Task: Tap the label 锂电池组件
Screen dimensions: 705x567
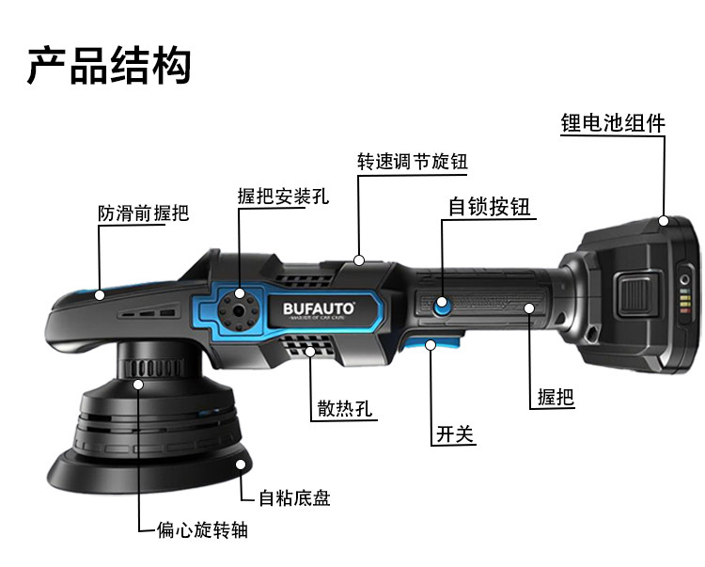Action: tap(612, 123)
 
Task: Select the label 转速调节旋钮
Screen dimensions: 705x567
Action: tap(412, 161)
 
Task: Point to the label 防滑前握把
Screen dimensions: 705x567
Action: tap(143, 213)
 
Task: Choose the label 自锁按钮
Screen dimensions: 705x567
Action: tap(490, 207)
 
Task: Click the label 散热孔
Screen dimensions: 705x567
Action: tap(344, 409)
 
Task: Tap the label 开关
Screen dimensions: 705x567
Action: tap(455, 434)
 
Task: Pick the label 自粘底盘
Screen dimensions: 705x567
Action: tap(294, 497)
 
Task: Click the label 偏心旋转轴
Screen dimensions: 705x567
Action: tap(202, 530)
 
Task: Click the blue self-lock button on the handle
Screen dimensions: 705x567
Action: tap(442, 304)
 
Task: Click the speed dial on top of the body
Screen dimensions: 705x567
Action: tap(361, 267)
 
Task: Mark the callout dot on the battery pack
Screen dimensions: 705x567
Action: tap(664, 222)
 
